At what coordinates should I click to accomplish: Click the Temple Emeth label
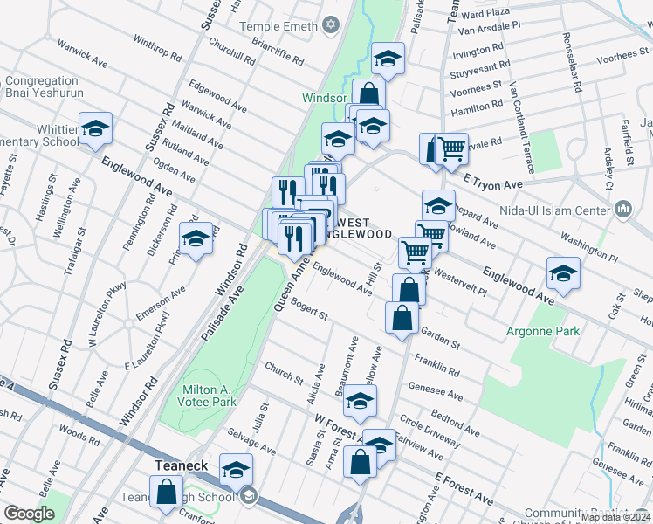278,27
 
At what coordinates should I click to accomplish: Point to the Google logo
29,514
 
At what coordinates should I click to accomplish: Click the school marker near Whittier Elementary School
96,130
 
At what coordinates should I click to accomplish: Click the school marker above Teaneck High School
236,470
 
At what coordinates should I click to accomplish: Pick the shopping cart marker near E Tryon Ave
451,148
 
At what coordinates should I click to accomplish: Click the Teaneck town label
181,465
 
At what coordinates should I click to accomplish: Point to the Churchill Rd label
230,55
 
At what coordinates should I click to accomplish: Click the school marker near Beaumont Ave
359,402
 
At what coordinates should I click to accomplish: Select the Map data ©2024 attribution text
615,517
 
